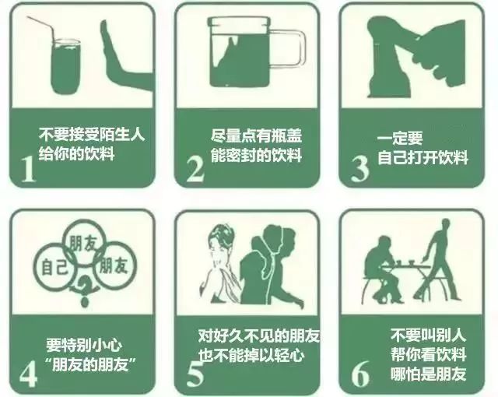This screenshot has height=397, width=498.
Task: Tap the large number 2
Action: pyautogui.click(x=195, y=167)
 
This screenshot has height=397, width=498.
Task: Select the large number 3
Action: pyautogui.click(x=359, y=167)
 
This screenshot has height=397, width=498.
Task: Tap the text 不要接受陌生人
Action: pyautogui.click(x=92, y=133)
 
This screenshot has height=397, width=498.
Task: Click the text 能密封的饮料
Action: pyautogui.click(x=256, y=155)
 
